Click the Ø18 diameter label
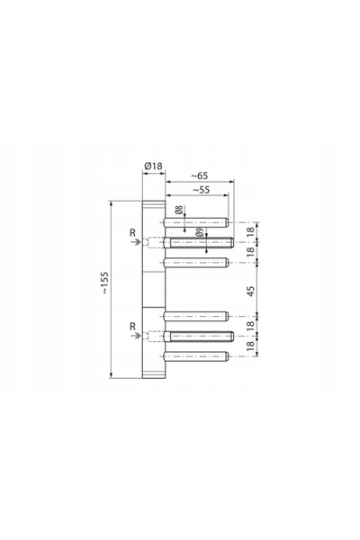coord(153,166)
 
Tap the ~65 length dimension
coord(200,175)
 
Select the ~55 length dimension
coord(201,190)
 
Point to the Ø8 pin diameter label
coord(178,210)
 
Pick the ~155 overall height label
coord(104,283)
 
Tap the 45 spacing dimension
coord(251,291)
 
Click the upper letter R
coord(132,233)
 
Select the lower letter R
coord(132,327)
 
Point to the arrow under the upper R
coord(136,242)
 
